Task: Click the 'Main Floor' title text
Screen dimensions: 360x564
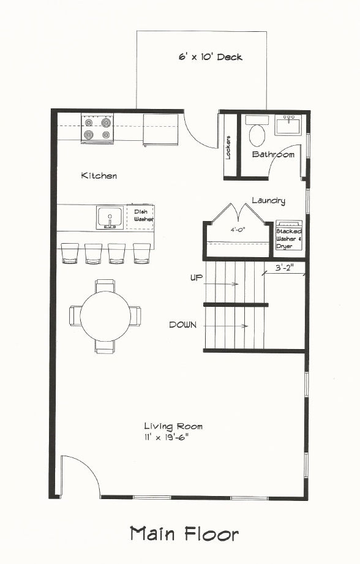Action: click(184, 534)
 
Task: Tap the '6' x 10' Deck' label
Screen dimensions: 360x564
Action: click(211, 57)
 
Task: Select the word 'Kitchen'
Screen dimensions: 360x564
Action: click(99, 176)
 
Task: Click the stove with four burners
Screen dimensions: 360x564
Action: click(97, 129)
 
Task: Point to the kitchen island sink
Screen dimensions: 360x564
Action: click(110, 217)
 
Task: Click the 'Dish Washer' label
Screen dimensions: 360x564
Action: click(143, 216)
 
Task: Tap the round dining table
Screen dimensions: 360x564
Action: click(105, 316)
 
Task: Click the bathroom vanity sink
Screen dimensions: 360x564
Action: click(288, 125)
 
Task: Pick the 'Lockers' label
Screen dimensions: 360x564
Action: click(228, 148)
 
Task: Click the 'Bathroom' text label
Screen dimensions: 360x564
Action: click(273, 155)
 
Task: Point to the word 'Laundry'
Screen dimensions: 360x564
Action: click(268, 201)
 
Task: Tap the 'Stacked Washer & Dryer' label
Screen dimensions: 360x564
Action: click(289, 239)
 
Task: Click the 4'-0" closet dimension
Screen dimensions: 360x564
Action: click(238, 229)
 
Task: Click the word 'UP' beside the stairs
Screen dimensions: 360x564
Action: click(197, 277)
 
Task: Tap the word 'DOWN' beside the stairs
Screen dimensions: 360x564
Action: click(182, 325)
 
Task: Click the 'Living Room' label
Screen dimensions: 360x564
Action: click(173, 427)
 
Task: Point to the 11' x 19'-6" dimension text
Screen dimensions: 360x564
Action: click(166, 438)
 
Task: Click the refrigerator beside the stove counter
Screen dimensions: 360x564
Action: click(161, 130)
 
